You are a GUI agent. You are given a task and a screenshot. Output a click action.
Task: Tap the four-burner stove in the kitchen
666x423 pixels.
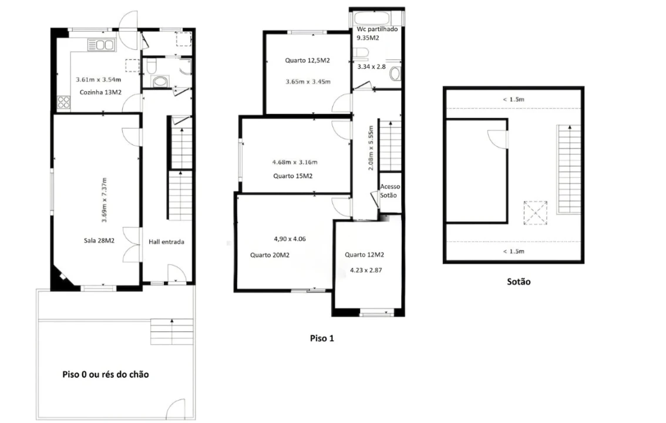coord(64,102)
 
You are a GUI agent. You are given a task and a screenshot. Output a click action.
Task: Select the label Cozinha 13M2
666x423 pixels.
coord(100,92)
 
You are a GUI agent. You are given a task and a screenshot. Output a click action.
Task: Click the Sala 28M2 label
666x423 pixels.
coord(99,240)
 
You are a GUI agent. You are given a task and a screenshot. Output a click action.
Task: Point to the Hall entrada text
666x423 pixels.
coord(167,241)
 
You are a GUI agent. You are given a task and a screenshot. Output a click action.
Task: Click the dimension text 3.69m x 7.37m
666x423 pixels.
coord(105,200)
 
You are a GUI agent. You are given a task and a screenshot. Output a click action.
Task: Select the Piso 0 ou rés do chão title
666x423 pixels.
coord(106,374)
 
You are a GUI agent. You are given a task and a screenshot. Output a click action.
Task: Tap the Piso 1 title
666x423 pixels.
coord(322,338)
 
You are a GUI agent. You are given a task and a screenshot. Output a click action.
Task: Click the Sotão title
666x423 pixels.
coord(519,281)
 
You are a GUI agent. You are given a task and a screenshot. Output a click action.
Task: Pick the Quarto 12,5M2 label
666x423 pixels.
coord(308,61)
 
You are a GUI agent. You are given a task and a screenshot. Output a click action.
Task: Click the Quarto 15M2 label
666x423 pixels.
coord(292,176)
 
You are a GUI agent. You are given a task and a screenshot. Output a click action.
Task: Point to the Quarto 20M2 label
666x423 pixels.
coord(270,255)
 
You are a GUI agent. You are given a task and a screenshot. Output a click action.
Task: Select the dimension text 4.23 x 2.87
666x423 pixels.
coord(366,270)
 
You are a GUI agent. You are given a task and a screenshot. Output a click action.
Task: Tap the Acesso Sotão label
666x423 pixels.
coord(389,191)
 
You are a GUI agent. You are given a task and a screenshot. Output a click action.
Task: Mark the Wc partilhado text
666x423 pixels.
coord(377,29)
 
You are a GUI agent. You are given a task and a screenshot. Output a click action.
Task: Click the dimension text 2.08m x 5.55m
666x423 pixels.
coord(371,148)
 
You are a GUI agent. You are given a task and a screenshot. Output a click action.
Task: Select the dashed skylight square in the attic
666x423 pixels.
coord(535,212)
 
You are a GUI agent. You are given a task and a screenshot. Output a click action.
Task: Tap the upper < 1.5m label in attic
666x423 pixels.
coord(513,99)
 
